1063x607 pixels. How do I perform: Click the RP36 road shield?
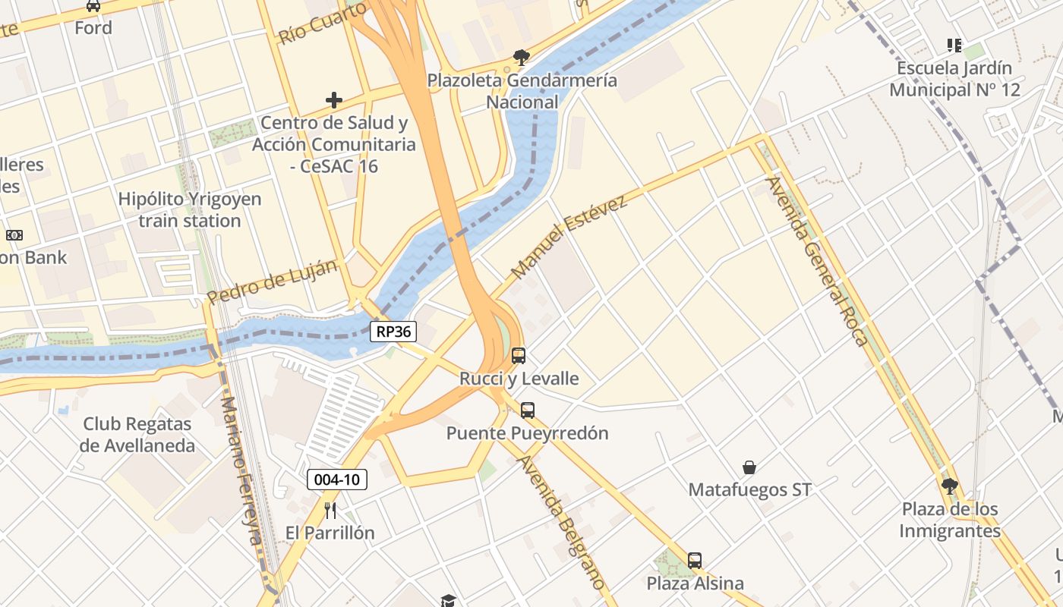(393, 331)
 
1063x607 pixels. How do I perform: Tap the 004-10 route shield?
(337, 480)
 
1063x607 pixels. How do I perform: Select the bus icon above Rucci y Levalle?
(519, 355)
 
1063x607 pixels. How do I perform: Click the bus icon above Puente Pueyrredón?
(528, 410)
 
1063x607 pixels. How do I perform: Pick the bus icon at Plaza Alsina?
(695, 561)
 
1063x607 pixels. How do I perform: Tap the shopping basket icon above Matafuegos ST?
(749, 467)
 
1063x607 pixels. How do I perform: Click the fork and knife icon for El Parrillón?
(330, 510)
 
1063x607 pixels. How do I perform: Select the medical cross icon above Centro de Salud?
(334, 100)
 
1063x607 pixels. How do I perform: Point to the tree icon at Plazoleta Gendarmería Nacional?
(521, 57)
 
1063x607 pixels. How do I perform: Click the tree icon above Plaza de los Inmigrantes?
(949, 486)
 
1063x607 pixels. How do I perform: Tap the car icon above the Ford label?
(93, 6)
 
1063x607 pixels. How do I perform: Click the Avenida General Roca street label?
(817, 261)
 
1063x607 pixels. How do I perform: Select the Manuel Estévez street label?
(569, 236)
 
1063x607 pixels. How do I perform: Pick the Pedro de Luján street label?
(272, 281)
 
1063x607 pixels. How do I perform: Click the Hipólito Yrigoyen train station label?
(190, 210)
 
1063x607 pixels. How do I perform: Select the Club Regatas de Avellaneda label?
(138, 435)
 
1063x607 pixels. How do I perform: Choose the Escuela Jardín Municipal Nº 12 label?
(954, 79)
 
